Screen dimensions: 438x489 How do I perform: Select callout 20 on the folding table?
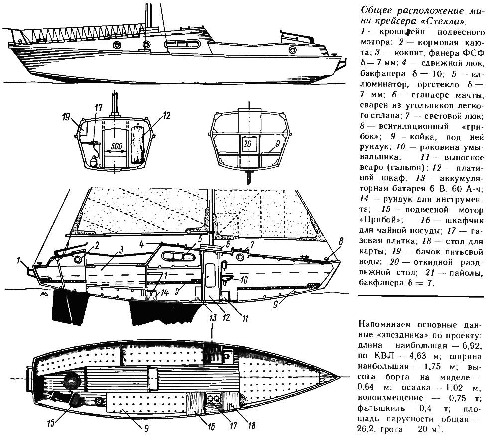point(247,142)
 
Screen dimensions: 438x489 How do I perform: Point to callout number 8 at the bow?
point(340,241)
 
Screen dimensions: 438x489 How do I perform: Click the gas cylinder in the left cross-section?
point(93,161)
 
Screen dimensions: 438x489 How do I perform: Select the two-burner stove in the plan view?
point(214,398)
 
